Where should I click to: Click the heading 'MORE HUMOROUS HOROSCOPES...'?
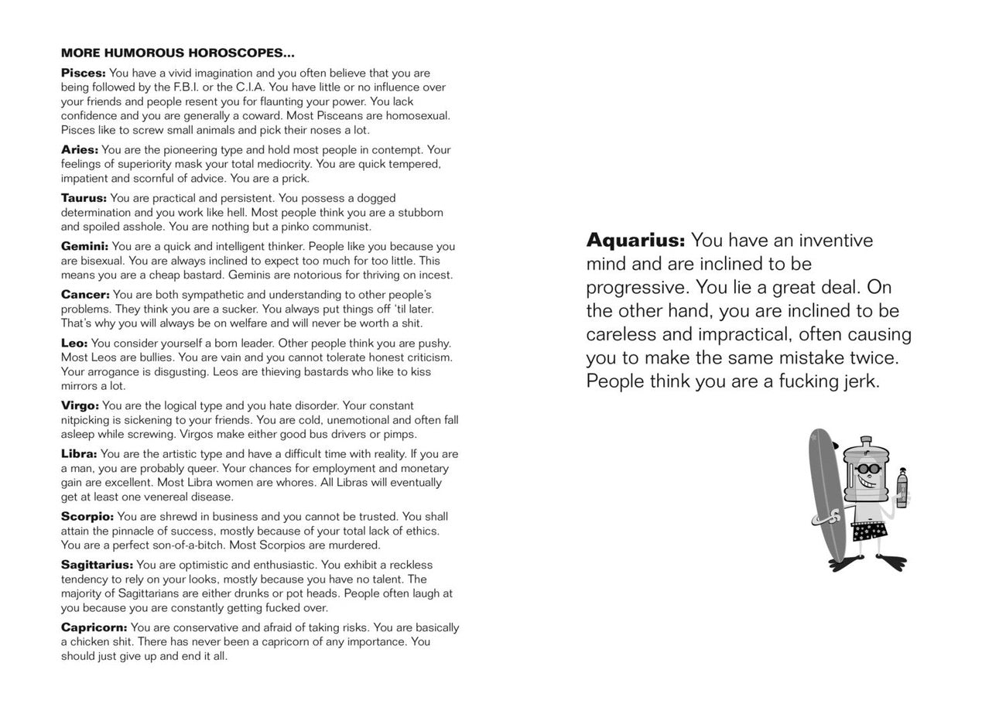pos(177,53)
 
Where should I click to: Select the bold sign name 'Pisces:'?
pos(83,73)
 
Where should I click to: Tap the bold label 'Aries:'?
pos(80,150)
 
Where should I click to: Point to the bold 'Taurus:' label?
pos(84,198)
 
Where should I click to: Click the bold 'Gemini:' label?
pos(84,247)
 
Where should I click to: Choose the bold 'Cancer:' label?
pos(85,295)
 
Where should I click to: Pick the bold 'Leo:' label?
pos(74,343)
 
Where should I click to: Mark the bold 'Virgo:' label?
pos(80,406)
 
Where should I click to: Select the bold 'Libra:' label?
pos(79,454)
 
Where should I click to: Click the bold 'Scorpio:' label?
pos(87,517)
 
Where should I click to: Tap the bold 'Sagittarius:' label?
pos(97,565)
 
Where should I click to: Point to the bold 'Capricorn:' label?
pos(94,627)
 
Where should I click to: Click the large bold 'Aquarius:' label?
pos(635,241)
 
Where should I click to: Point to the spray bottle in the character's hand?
pos(902,489)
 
